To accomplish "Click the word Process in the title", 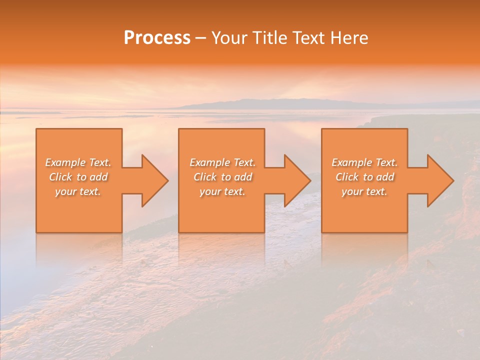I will [x=157, y=38].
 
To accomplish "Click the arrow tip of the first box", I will [x=167, y=180].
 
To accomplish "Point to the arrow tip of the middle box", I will [x=309, y=180].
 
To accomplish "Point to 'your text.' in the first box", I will [x=78, y=191].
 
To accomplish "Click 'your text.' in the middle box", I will [x=222, y=191].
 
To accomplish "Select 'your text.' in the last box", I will [x=364, y=191].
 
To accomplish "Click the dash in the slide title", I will [x=200, y=38].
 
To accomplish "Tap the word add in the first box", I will [x=98, y=177].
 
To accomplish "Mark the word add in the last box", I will [x=385, y=177].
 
